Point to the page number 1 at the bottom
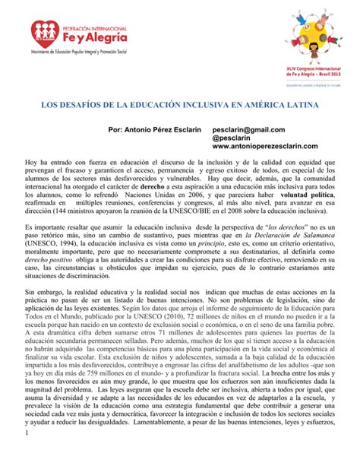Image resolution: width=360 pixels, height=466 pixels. [x=26, y=455]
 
